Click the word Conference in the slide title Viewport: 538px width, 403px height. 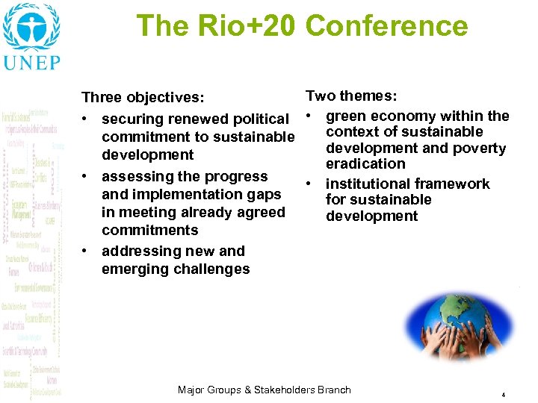click(x=386, y=26)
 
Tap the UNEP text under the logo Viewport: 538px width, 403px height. click(x=31, y=62)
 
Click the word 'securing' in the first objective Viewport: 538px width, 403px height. click(x=132, y=119)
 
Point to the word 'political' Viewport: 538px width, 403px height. click(x=261, y=119)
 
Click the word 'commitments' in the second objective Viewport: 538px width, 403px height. click(x=149, y=231)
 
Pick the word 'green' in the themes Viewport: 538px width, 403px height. click(x=347, y=116)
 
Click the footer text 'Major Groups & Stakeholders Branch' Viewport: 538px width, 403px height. click(x=264, y=390)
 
